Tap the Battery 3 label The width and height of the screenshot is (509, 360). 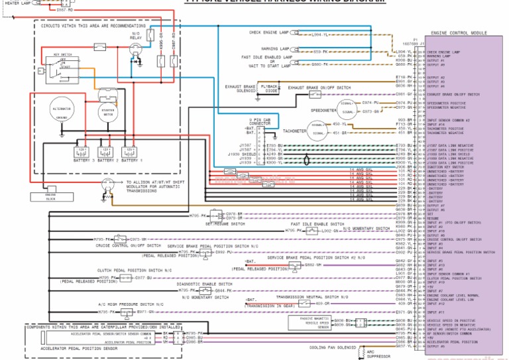[83, 160]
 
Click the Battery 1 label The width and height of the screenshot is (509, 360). [131, 160]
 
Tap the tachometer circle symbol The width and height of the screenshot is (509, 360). [319, 129]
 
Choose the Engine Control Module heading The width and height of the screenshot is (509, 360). [459, 32]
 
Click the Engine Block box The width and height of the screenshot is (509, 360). [55, 196]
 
